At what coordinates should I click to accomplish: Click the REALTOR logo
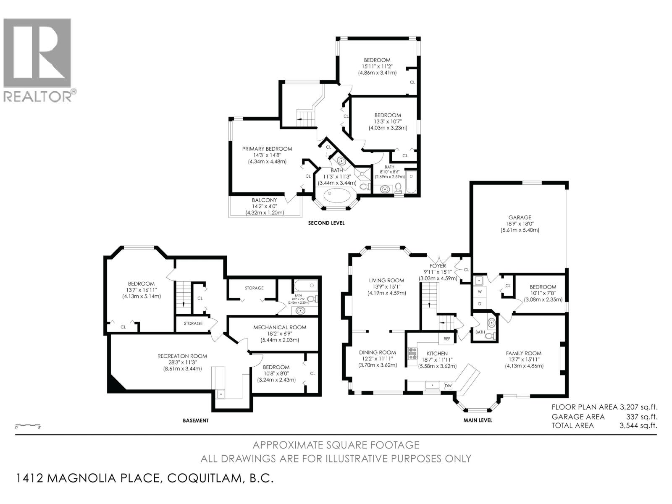pos(38,59)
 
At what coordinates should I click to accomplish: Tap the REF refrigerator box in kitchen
pos(446,339)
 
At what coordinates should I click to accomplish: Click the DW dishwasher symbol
pos(448,386)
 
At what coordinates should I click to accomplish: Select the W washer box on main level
pos(480,291)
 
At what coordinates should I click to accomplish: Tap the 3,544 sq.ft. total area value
pos(638,425)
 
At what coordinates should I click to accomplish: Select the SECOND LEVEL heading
pos(326,223)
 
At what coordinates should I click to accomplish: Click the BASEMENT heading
pos(195,420)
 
